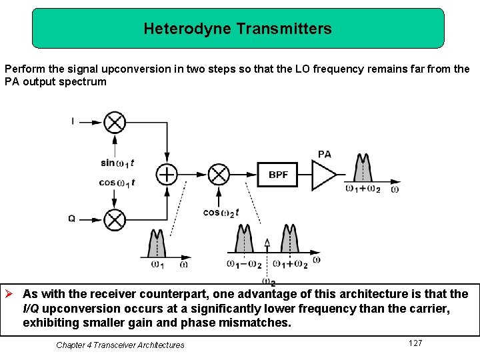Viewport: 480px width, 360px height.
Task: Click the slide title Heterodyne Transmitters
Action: pyautogui.click(x=237, y=29)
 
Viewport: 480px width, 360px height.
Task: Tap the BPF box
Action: pyautogui.click(x=278, y=175)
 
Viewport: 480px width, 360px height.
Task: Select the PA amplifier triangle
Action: pyautogui.click(x=325, y=175)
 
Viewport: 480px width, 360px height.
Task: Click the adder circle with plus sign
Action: pyautogui.click(x=166, y=175)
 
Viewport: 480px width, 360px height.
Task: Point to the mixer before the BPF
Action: pyautogui.click(x=218, y=175)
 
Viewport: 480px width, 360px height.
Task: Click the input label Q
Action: pyautogui.click(x=72, y=219)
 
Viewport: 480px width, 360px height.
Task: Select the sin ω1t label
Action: pyautogui.click(x=117, y=163)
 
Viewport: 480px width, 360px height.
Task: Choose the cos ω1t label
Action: pyautogui.click(x=117, y=183)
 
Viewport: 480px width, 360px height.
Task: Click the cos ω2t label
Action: pyautogui.click(x=221, y=213)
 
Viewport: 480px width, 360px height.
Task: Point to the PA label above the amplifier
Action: pyautogui.click(x=325, y=154)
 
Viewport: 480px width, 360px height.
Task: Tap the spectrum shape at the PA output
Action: pyautogui.click(x=363, y=169)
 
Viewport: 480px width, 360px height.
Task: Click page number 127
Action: pyautogui.click(x=415, y=343)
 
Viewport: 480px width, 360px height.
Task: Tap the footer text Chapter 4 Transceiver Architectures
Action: pyautogui.click(x=120, y=345)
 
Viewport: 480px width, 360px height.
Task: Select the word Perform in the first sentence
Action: pyautogui.click(x=21, y=69)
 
